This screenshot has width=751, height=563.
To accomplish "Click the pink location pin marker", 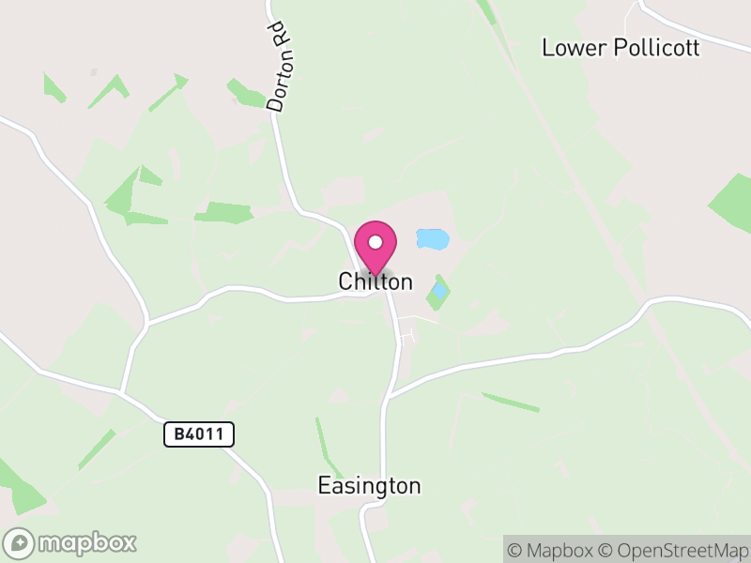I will [x=375, y=247].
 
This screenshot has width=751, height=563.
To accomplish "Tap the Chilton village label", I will [x=375, y=281].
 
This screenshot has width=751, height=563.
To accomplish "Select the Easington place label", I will [x=369, y=486].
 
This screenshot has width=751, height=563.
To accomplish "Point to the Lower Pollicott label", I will [x=621, y=48].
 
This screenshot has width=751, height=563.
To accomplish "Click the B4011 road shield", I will [x=198, y=434].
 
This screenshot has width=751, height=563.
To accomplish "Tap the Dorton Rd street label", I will [x=280, y=68].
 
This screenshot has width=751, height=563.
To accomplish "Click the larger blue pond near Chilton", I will [x=433, y=239].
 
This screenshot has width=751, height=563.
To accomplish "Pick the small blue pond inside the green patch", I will [x=439, y=291].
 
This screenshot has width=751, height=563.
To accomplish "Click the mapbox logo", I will [x=70, y=542].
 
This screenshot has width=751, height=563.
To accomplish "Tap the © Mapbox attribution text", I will [x=551, y=550].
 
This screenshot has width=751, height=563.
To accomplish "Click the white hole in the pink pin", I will [x=375, y=242].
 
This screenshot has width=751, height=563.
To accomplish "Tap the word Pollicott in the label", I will [x=656, y=48].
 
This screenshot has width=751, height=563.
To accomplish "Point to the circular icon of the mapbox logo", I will [x=20, y=542].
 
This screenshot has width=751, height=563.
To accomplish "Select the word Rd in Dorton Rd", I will [x=278, y=38].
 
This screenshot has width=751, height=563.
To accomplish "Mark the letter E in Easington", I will [x=324, y=486].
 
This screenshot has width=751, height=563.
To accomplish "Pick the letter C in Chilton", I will [x=345, y=281].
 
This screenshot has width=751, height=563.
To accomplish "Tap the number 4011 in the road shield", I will [x=207, y=434].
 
